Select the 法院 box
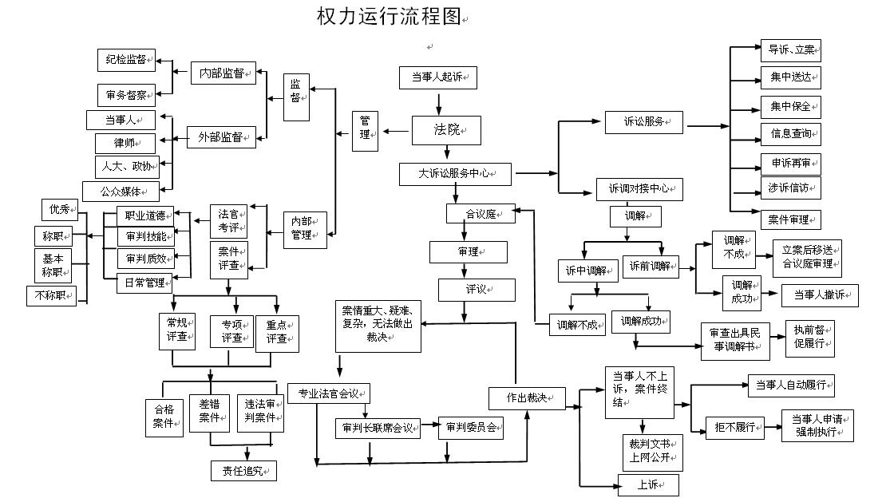click(446, 130)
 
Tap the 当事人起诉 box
click(437, 77)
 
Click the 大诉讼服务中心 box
click(455, 173)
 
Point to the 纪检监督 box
click(126, 59)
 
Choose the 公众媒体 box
click(121, 192)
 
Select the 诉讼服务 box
click(643, 122)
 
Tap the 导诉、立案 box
click(790, 49)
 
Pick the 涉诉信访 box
click(789, 188)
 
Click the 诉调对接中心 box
click(639, 189)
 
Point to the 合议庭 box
click(481, 214)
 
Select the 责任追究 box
click(243, 471)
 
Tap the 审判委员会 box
click(471, 429)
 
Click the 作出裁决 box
click(527, 398)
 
